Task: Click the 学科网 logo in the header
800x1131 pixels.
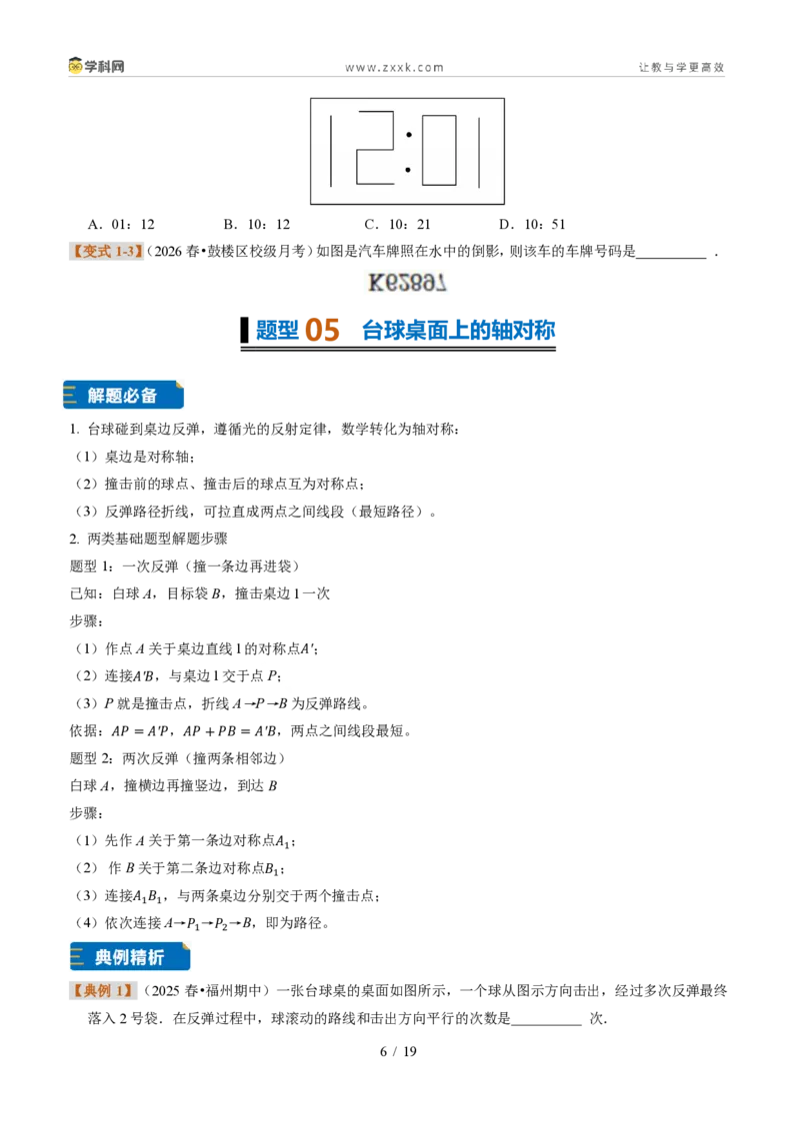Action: tap(96, 66)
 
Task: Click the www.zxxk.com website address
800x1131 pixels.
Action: tap(394, 67)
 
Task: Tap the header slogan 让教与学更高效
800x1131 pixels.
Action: tap(681, 67)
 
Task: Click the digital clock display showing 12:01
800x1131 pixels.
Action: tap(407, 151)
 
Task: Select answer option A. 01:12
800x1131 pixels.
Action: tap(121, 225)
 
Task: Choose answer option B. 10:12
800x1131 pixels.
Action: tap(257, 225)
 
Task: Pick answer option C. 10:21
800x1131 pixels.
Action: tap(397, 225)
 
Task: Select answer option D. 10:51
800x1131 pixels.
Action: tap(532, 225)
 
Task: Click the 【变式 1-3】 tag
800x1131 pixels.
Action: tap(106, 251)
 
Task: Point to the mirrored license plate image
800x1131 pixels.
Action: tap(407, 282)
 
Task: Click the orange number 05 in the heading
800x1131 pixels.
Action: tap(322, 331)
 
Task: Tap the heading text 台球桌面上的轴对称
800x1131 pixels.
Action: tap(458, 331)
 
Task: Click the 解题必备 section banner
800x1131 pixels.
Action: tap(123, 396)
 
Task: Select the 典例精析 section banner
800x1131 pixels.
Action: tap(130, 956)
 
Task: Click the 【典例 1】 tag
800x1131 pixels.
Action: tap(103, 990)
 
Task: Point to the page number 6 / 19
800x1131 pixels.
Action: tap(399, 1051)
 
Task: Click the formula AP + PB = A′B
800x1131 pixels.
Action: tap(230, 730)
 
